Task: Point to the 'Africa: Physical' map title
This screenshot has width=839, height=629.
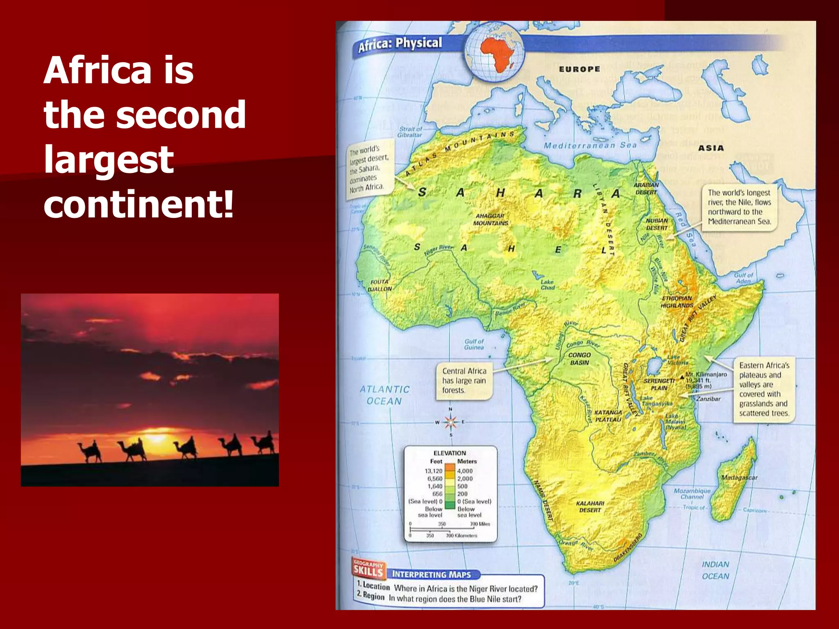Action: (x=400, y=44)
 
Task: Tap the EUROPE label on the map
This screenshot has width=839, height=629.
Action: (x=579, y=69)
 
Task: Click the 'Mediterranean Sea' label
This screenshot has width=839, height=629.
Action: (x=590, y=145)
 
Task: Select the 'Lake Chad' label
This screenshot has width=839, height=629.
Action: (x=547, y=285)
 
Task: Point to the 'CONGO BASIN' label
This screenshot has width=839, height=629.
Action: (x=579, y=359)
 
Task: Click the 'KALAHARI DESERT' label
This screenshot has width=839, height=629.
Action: (x=590, y=507)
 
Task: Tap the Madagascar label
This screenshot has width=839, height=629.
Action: (x=739, y=477)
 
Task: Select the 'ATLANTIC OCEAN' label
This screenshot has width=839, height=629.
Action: (x=384, y=395)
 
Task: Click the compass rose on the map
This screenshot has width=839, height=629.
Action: (x=451, y=422)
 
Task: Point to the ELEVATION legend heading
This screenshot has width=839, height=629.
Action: (x=450, y=453)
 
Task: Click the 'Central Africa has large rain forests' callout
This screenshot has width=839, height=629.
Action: (x=464, y=380)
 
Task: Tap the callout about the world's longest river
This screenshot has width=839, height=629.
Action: (x=739, y=207)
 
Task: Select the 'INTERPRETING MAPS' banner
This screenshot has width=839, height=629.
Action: (x=431, y=574)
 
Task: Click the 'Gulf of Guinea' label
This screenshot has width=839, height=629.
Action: (x=474, y=344)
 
